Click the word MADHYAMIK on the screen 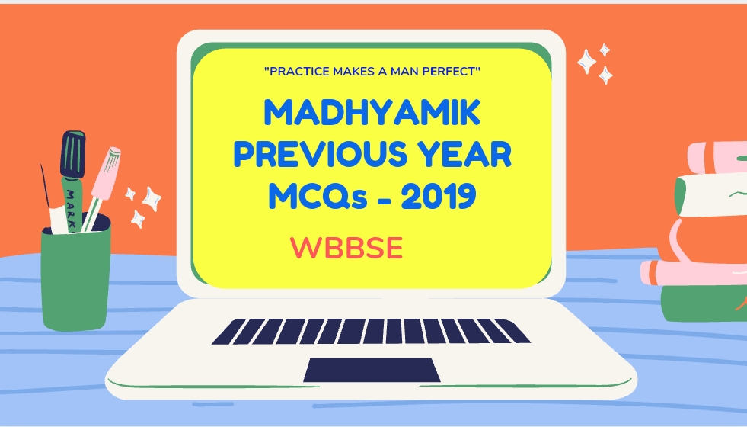(372, 116)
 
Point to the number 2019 (439, 197)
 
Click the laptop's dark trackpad (372, 370)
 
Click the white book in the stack (712, 194)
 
